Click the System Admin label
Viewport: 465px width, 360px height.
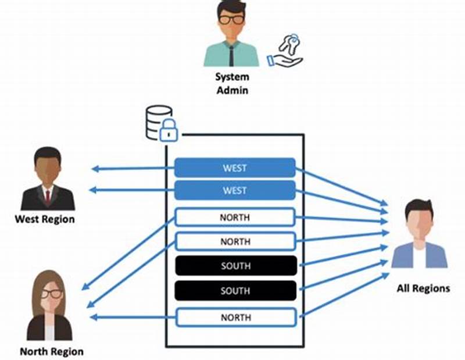[x=231, y=83]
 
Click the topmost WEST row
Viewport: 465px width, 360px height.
[x=235, y=168]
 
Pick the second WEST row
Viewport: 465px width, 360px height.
[x=235, y=190]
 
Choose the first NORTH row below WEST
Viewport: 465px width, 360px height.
[x=235, y=218]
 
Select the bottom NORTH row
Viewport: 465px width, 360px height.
[x=235, y=318]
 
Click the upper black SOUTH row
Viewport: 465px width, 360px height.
[x=235, y=266]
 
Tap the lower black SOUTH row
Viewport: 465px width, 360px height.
[x=235, y=291]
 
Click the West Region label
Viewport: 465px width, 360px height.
[x=45, y=219]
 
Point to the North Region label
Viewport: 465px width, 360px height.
[x=52, y=351]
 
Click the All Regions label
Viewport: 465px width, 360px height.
[x=423, y=288]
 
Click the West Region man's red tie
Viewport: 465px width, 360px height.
[x=48, y=196]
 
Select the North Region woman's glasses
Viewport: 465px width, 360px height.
[x=51, y=294]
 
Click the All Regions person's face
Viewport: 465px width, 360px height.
[x=419, y=223]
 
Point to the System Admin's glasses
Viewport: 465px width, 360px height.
[x=231, y=19]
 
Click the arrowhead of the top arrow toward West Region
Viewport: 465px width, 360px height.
[x=95, y=169]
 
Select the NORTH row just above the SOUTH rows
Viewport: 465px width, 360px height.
[x=235, y=241]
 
